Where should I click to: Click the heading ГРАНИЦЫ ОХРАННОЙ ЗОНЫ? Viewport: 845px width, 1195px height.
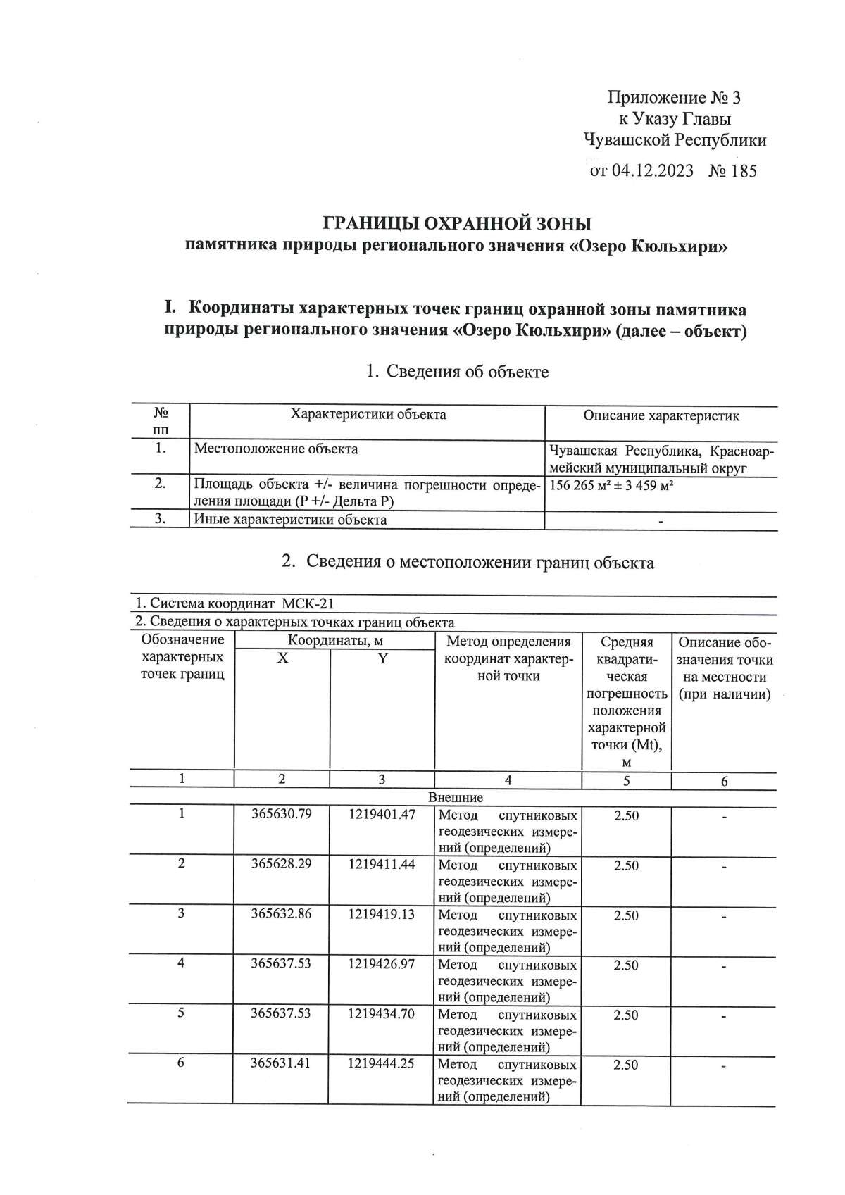(457, 224)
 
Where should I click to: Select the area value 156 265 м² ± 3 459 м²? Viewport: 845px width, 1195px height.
(611, 485)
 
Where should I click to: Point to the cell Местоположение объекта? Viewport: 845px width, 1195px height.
(276, 449)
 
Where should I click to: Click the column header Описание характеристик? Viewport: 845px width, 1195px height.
(661, 416)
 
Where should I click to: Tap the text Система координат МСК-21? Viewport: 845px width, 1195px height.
(234, 604)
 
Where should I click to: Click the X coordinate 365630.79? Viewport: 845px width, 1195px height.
(281, 815)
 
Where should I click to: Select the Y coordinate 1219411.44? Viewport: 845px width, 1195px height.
(382, 864)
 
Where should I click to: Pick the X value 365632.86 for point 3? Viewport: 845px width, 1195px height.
(281, 914)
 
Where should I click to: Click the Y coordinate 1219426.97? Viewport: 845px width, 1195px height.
(382, 963)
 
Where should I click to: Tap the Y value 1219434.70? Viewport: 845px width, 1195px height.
(382, 1013)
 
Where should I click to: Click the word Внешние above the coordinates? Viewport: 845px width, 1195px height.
(456, 798)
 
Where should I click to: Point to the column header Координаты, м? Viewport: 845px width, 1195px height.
(334, 641)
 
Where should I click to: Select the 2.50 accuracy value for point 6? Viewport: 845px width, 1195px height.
(626, 1065)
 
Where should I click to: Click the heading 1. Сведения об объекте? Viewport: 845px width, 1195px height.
(457, 372)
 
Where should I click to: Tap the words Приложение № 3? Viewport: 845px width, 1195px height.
(674, 98)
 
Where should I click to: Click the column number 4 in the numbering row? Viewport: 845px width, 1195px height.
(508, 780)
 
